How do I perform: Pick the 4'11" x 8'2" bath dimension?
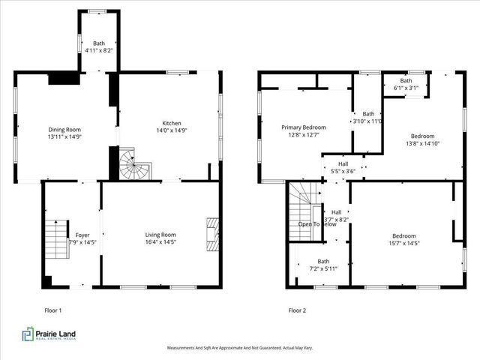coord(99,51)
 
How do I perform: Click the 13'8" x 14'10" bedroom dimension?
coord(421,144)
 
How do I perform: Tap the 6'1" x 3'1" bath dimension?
coord(406,88)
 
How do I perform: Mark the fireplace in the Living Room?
coord(213,233)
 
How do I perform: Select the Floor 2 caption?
coord(297,310)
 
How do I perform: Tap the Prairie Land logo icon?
coord(28,334)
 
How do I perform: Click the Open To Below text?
coord(318,224)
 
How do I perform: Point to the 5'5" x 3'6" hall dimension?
coord(343,171)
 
